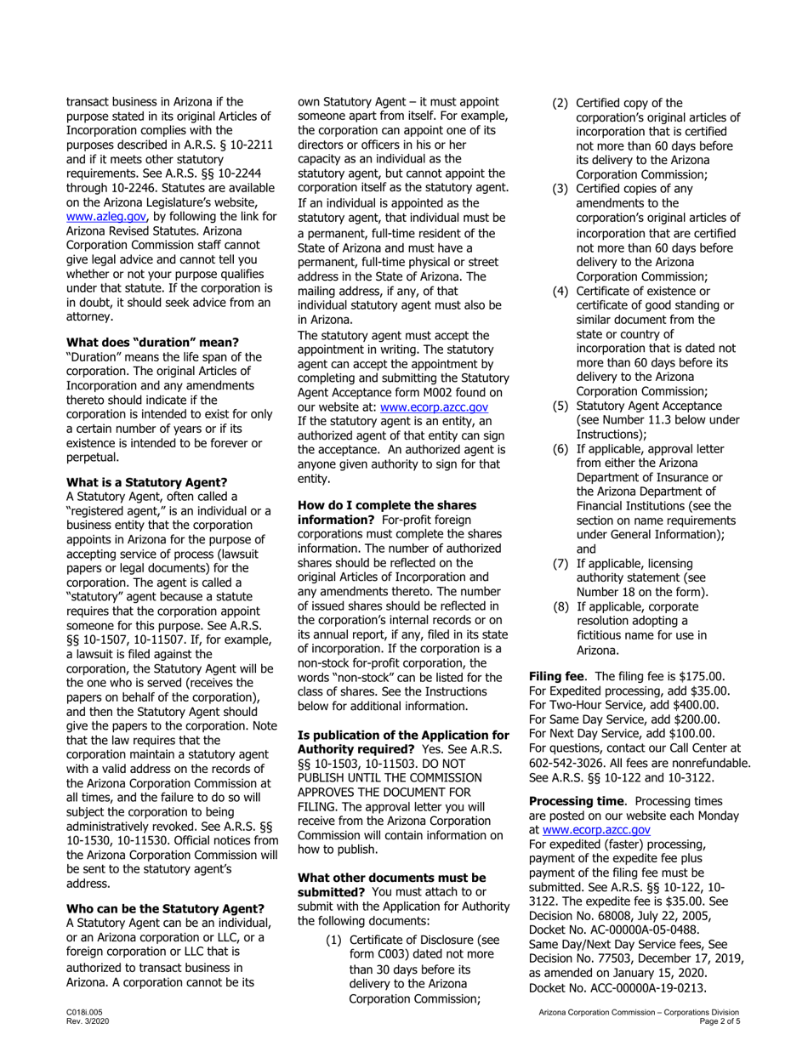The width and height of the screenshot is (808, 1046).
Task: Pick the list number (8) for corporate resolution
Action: click(561, 606)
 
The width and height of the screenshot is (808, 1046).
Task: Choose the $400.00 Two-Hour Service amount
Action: click(692, 704)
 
